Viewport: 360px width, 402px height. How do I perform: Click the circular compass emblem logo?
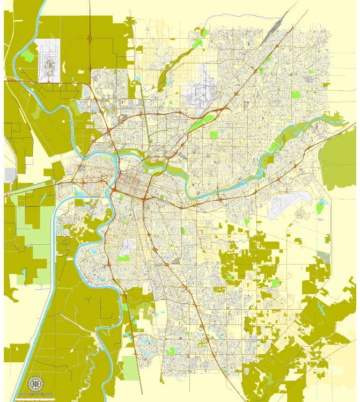(35, 384)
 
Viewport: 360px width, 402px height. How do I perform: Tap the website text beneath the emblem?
(35, 394)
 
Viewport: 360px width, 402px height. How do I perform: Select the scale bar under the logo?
(35, 398)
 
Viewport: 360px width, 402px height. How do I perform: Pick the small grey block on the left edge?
(10, 175)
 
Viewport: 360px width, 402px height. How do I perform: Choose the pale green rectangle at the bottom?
(128, 367)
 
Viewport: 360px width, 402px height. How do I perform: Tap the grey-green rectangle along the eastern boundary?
(324, 257)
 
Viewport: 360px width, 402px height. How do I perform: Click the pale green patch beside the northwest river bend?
(27, 54)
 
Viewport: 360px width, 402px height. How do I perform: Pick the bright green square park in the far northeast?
(296, 95)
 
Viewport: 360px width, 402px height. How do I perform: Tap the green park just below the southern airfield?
(123, 258)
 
